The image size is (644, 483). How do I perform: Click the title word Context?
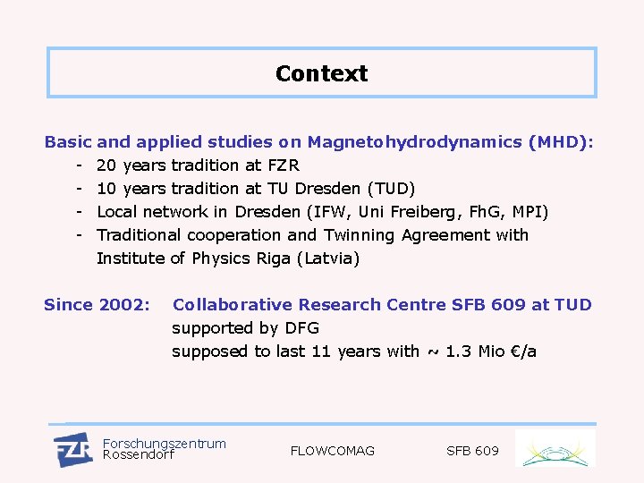tap(321, 73)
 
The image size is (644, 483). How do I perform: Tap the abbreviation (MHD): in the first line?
tap(561, 141)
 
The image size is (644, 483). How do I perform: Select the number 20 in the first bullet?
tap(106, 165)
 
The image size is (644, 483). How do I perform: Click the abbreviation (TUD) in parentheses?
tap(392, 189)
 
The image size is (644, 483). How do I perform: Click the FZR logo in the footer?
tap(72, 449)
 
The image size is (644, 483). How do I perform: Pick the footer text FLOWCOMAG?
tap(333, 451)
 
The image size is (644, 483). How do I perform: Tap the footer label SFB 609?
tap(472, 451)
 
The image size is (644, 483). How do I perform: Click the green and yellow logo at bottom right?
tap(555, 449)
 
